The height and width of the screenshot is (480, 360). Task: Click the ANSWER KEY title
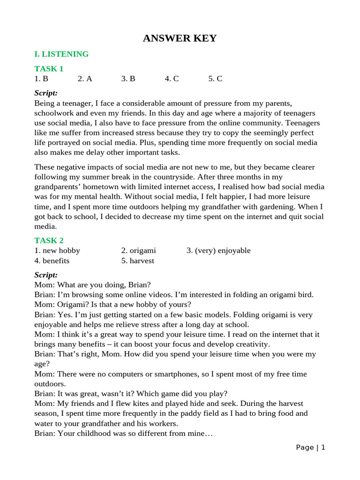click(x=180, y=38)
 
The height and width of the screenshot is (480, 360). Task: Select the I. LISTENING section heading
click(x=61, y=54)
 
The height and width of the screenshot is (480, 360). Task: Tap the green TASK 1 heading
click(x=49, y=69)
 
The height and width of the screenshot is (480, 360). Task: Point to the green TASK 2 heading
click(x=49, y=240)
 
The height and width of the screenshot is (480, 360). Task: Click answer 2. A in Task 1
click(x=85, y=79)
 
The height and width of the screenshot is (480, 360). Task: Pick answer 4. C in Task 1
click(x=172, y=79)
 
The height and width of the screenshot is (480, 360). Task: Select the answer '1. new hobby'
click(x=57, y=250)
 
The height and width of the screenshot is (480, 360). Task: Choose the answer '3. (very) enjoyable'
click(x=218, y=250)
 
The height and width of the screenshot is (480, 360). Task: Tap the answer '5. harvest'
click(x=137, y=261)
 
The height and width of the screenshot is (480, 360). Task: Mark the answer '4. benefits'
click(x=52, y=261)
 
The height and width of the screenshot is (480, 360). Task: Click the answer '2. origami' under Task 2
click(x=138, y=250)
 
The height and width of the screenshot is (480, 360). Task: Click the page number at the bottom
click(x=310, y=448)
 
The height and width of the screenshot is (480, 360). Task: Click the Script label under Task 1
click(x=46, y=93)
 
